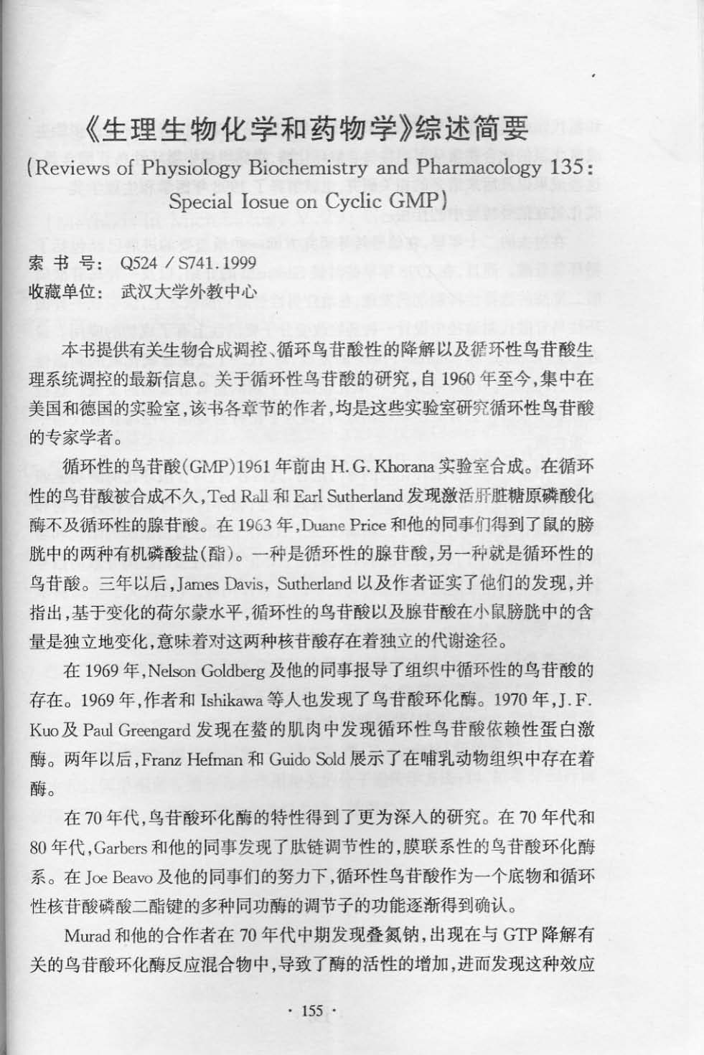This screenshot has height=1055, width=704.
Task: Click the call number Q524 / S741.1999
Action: click(189, 262)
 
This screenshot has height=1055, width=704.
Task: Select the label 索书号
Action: click(62, 262)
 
